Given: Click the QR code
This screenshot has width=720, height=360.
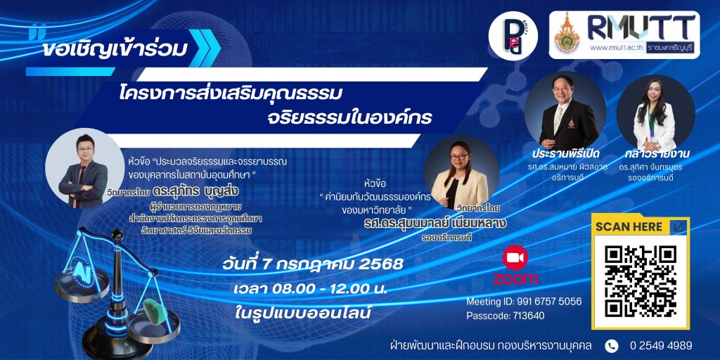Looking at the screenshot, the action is coord(641,281).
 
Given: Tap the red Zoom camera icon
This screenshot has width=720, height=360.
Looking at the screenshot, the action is coord(515,257).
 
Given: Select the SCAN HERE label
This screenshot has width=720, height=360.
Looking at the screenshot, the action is coord(629,226).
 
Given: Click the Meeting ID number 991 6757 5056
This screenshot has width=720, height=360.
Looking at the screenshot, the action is coord(549,302).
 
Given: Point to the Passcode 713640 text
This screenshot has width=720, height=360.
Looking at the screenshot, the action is coord(506,316).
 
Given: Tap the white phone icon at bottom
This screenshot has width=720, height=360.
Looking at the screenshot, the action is coord(611,346).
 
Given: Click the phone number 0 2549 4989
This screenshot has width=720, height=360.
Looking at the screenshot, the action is coord(661,346).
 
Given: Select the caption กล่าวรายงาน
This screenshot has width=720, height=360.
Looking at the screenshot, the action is coord(657,153).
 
